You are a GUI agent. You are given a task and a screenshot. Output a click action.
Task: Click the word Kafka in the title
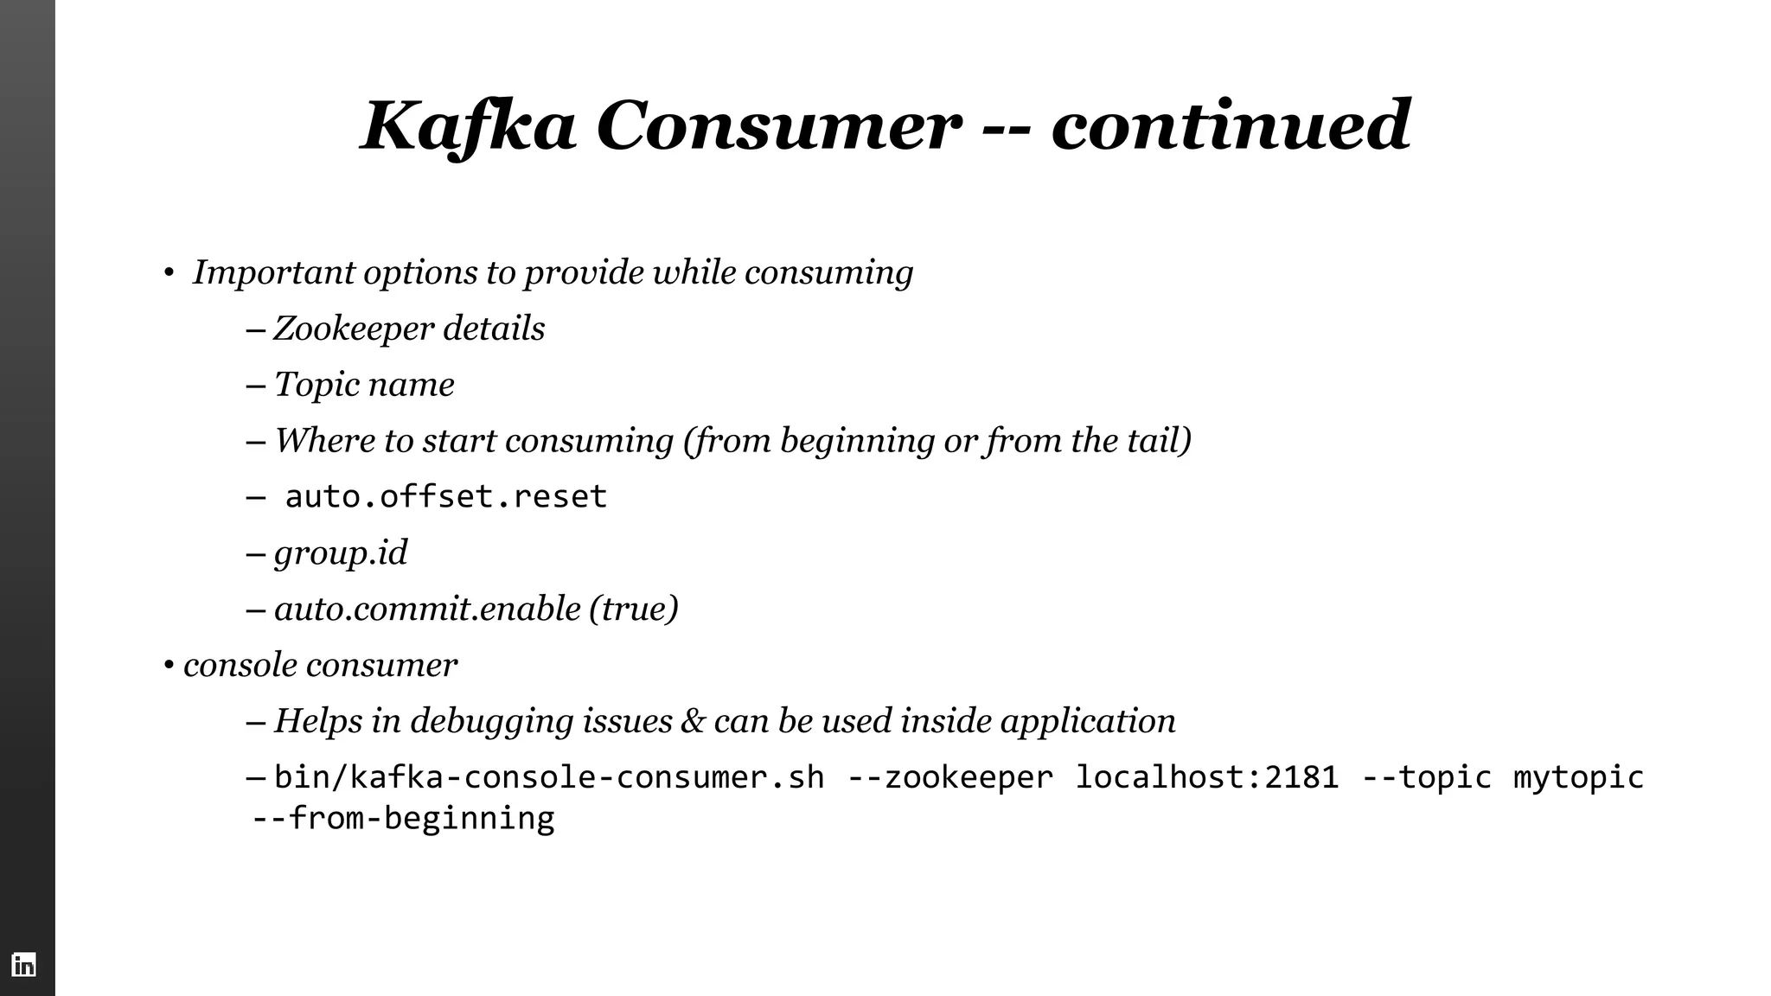[x=468, y=126]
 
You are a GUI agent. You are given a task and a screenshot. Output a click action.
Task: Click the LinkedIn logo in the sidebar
[x=24, y=965]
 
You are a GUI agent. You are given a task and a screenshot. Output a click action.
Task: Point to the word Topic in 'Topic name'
[x=316, y=386]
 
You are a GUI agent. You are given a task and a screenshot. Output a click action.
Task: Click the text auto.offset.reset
[x=445, y=497]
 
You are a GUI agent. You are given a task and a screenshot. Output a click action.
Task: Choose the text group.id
[x=341, y=553]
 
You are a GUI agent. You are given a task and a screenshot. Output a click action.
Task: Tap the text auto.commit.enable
[x=427, y=609]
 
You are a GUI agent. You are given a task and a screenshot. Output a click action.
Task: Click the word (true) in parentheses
[x=634, y=609]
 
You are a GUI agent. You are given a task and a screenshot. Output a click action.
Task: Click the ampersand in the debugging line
[x=693, y=721]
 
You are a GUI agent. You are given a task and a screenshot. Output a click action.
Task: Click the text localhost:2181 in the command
[x=1206, y=777]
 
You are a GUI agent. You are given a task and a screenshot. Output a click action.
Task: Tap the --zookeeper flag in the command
[x=950, y=777]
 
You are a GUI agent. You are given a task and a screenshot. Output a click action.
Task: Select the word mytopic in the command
[x=1578, y=777]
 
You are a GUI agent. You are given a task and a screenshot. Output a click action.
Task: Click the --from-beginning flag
[x=403, y=818]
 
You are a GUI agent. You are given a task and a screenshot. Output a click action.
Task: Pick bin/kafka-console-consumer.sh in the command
[x=549, y=777]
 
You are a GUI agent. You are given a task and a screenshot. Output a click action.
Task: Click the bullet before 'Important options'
[x=169, y=274]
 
